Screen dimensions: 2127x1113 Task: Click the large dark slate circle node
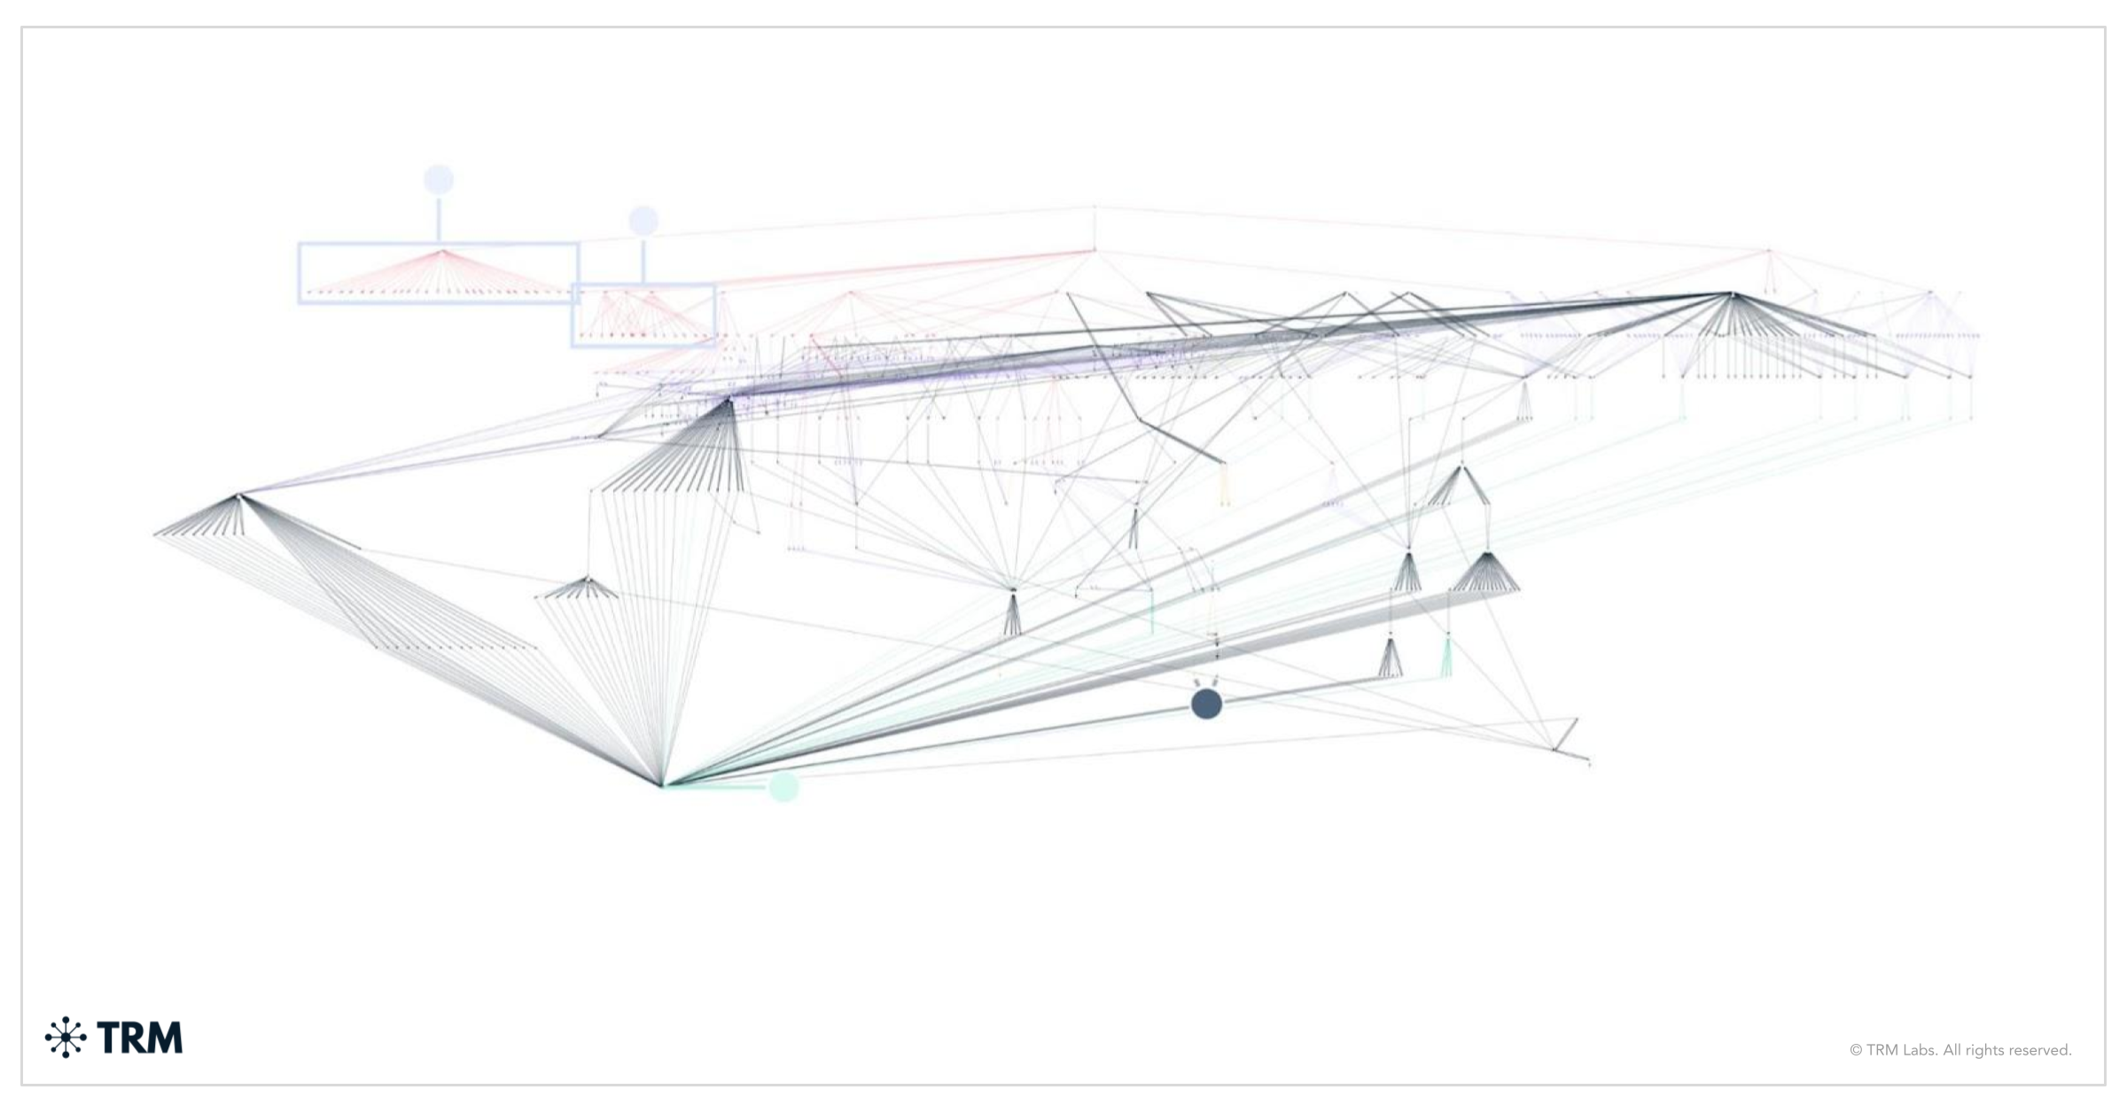click(1206, 704)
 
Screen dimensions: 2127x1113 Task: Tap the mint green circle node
click(783, 786)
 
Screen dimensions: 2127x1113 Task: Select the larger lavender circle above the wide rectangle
click(439, 180)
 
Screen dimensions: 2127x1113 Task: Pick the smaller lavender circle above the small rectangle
click(643, 221)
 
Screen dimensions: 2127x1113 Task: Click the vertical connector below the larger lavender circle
click(439, 218)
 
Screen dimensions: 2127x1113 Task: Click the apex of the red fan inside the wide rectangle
click(442, 252)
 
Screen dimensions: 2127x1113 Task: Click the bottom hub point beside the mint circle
click(662, 785)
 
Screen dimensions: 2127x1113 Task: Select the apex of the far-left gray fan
click(238, 495)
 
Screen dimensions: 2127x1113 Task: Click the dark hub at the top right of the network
click(1732, 293)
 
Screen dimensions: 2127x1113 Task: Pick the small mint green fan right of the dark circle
click(1447, 660)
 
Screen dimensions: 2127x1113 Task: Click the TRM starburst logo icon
click(66, 1038)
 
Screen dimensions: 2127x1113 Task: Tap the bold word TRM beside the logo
click(140, 1038)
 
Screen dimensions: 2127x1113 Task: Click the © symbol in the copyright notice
click(1856, 1051)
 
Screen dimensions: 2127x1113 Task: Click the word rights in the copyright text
click(1983, 1051)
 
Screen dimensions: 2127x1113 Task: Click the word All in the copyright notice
click(1952, 1051)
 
